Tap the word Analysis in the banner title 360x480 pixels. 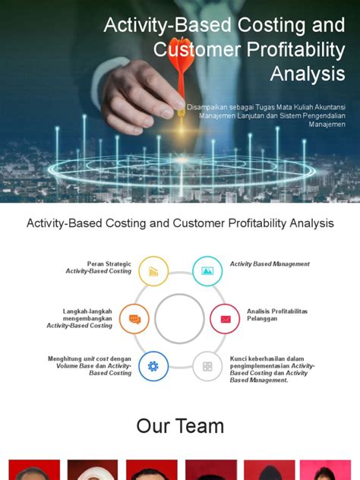308,73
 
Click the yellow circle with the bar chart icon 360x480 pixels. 153,271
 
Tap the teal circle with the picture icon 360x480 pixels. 207,271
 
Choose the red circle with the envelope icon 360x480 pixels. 225,319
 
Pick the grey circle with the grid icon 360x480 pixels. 207,366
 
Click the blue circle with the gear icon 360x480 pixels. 153,366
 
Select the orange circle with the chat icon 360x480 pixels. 134,319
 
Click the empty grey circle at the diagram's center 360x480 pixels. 179,319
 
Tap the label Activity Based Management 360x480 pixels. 270,264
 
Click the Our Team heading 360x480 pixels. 180,426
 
